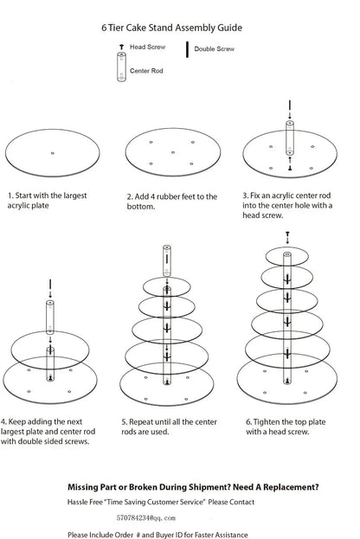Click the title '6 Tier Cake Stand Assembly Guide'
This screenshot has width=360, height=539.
(x=179, y=28)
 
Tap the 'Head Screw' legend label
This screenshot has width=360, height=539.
(x=149, y=47)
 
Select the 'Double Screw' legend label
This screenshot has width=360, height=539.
(x=214, y=51)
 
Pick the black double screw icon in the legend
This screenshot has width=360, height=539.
(x=187, y=50)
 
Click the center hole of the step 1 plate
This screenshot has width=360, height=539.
(x=54, y=153)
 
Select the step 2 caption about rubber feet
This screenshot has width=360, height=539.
(x=172, y=202)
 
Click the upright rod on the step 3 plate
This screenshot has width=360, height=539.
(x=290, y=141)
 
